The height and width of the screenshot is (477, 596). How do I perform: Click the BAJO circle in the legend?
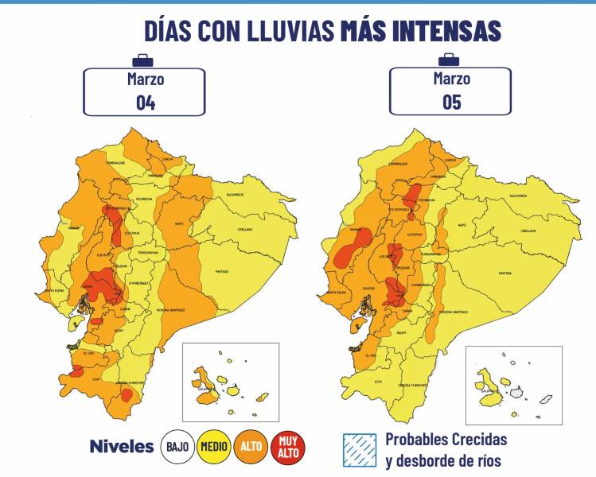tap(177, 447)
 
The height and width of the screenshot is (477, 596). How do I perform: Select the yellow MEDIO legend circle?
tap(213, 447)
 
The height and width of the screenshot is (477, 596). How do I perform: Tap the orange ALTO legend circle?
tap(250, 447)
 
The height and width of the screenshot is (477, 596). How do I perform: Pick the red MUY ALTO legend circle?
tap(287, 447)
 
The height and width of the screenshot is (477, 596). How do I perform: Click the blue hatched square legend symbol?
tap(357, 449)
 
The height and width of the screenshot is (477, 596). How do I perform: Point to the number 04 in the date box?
tap(145, 103)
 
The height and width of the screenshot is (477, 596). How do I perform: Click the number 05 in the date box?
tap(451, 103)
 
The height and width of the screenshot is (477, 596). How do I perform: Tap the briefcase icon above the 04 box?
tap(143, 60)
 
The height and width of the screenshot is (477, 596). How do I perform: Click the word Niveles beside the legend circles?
tap(122, 447)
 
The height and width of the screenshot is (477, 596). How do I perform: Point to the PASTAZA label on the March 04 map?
tap(222, 271)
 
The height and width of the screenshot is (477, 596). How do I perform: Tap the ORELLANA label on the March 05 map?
tap(528, 230)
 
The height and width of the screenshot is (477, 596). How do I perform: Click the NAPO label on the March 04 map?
tap(180, 223)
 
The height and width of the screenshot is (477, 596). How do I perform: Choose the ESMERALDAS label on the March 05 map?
tap(398, 164)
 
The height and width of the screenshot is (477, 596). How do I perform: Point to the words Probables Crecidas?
tap(446, 439)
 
